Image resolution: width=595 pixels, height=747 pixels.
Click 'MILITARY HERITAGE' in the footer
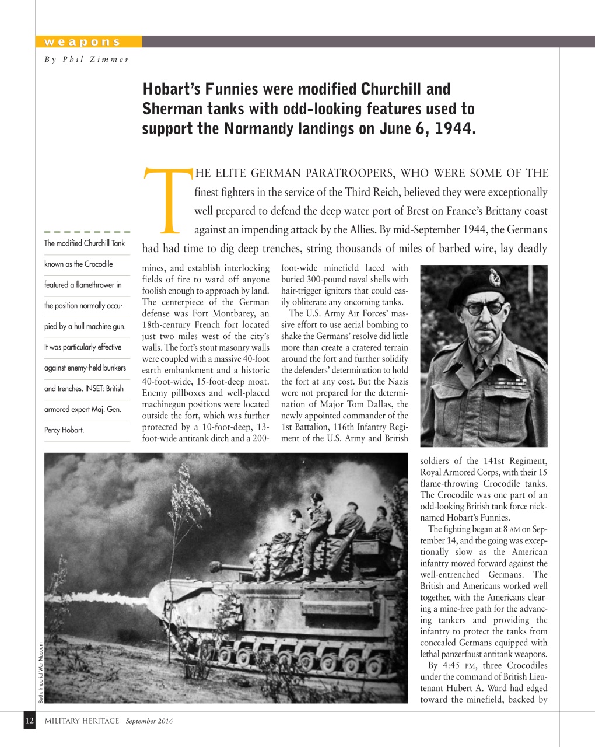[x=82, y=721]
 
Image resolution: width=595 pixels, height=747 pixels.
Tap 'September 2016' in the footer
[x=149, y=721]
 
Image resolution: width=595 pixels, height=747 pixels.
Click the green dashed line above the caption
[x=87, y=232]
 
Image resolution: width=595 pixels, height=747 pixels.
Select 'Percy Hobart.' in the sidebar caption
[x=64, y=430]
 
